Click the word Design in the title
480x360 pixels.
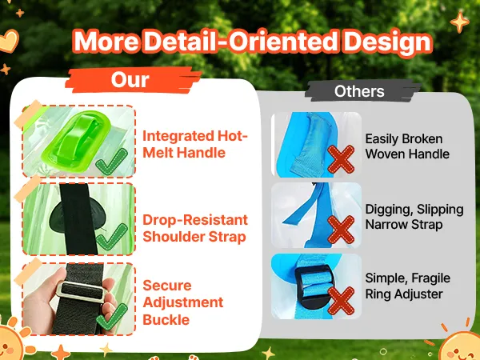point(388,42)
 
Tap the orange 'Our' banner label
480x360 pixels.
point(130,80)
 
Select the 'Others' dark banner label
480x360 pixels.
point(359,91)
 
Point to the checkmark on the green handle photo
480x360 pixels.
point(111,162)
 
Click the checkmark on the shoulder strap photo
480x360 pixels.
point(111,237)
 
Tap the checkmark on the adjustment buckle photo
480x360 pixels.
point(111,317)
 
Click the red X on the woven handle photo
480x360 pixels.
point(341,159)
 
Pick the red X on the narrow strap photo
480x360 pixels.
point(341,230)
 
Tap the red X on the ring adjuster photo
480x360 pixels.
point(341,302)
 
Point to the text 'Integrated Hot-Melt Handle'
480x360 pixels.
point(195,144)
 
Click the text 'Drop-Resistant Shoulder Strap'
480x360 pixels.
point(195,228)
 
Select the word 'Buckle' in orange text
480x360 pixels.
point(166,320)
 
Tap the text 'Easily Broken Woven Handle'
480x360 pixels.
point(407,146)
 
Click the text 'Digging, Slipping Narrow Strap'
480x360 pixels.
point(414,217)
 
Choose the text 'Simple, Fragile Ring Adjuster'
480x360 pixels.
point(407,286)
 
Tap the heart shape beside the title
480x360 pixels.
point(9,41)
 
